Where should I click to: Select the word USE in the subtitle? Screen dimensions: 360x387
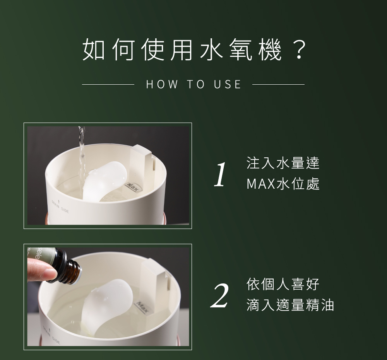[228, 84]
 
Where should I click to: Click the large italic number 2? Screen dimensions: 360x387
[220, 296]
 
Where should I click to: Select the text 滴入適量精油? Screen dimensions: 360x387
[290, 305]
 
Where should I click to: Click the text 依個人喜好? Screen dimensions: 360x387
[283, 284]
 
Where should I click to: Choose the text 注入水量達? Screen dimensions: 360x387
[283, 163]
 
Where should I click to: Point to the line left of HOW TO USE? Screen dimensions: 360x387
[108, 84]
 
